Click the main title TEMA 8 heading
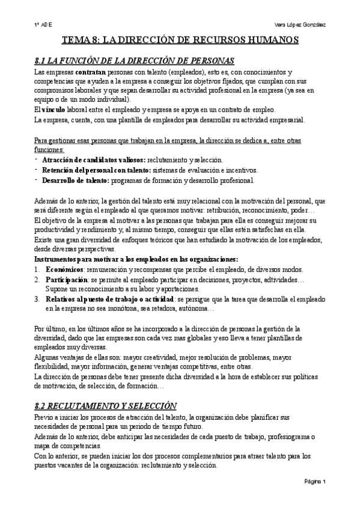[181, 40]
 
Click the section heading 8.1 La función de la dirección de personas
[135, 60]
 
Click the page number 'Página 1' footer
[314, 481]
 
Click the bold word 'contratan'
[89, 72]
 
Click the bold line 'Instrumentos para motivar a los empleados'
[136, 259]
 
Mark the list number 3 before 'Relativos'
[37, 299]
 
